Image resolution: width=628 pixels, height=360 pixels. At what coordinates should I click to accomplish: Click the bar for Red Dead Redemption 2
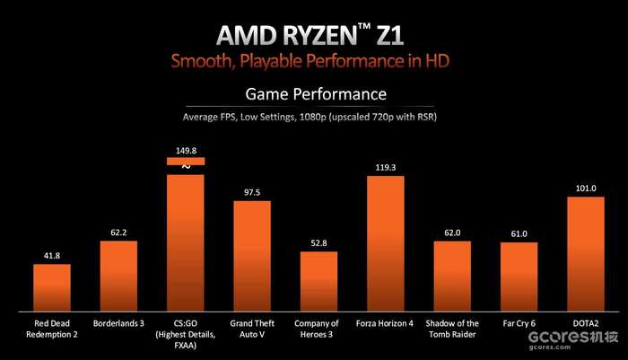click(52, 285)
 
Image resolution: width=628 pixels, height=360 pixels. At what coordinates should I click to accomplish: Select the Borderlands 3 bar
click(118, 274)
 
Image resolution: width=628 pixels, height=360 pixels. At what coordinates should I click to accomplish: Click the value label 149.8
click(186, 151)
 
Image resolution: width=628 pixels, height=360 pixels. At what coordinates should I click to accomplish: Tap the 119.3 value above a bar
click(385, 167)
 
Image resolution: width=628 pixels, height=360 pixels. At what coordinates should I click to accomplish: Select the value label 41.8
click(52, 256)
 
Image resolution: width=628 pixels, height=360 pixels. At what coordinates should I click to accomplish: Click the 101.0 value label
click(586, 189)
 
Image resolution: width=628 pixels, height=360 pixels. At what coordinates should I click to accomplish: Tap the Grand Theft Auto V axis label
click(252, 329)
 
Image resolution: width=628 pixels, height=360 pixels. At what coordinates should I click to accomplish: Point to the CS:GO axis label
click(186, 323)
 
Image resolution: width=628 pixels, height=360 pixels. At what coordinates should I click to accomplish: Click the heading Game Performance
click(315, 93)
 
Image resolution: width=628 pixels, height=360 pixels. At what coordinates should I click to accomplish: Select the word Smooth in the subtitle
click(204, 60)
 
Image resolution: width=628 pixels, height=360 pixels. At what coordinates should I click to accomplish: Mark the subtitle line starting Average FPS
click(315, 116)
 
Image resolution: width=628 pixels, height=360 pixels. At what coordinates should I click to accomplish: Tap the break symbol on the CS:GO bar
click(186, 167)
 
